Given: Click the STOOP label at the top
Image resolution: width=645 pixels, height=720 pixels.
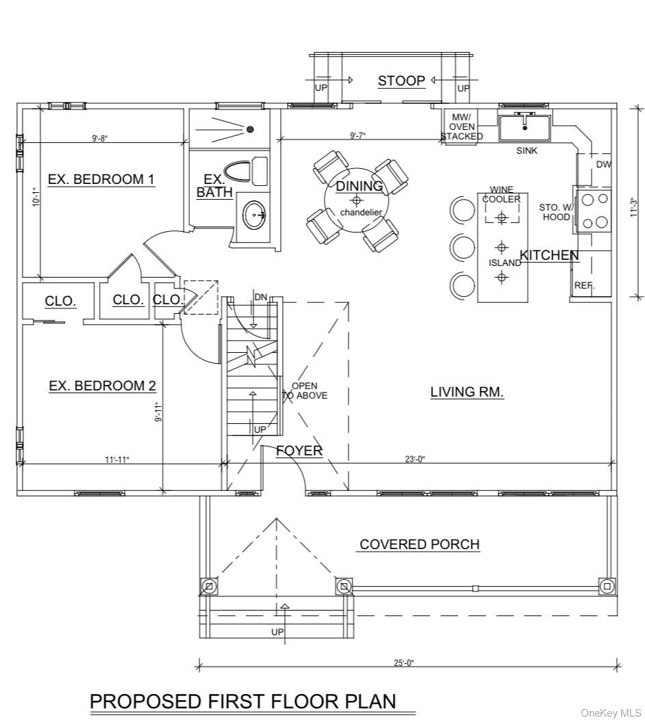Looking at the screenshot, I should coord(401,81).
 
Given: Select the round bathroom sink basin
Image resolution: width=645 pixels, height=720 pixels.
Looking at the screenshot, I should coord(257,215).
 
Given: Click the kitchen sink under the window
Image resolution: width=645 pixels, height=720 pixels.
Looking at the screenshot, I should coord(524,127).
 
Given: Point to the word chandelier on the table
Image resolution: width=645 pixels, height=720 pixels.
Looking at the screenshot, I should coord(361,212).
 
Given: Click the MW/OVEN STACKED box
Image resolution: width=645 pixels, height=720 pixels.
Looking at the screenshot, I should coord(462,126).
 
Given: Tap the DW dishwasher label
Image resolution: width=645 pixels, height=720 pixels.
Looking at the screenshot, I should coord(603,164).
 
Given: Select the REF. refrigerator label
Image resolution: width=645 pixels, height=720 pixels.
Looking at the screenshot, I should coord(584,286).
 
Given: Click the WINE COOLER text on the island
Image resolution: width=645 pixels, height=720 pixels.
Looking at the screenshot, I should coord(501,194).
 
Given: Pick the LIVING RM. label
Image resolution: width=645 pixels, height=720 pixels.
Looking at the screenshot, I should coord(467,392).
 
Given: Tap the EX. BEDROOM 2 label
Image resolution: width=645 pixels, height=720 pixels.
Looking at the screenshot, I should coord(102,386).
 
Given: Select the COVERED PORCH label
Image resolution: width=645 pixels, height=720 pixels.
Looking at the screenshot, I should coord(420,544).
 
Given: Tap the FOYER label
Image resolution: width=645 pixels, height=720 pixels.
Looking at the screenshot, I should coord(299,451).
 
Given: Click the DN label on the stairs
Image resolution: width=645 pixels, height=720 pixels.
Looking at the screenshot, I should coord(260,297).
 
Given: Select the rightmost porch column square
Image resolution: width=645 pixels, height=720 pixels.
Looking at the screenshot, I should coord(607,586).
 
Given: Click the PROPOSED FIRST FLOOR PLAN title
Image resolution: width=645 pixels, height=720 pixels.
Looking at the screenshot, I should coord(243,701).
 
